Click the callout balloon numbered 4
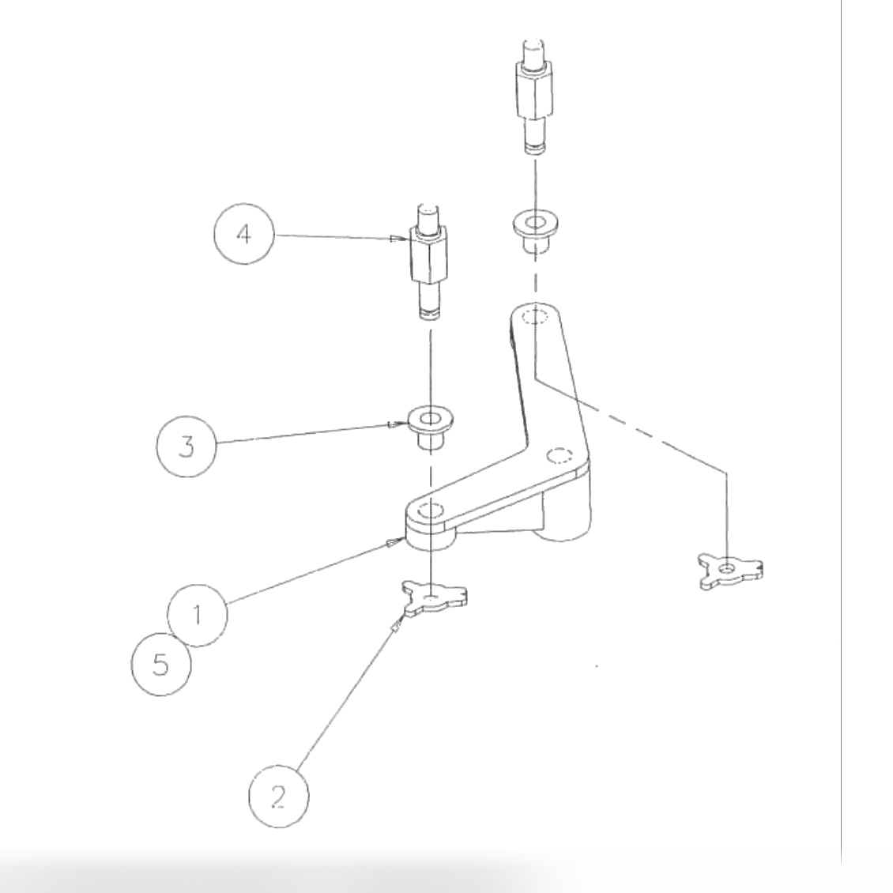tap(244, 235)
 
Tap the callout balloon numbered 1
tap(197, 615)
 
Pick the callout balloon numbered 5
tap(160, 665)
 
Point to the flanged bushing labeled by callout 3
tap(429, 427)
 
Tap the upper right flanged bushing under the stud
tap(536, 230)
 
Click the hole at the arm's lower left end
tap(430, 511)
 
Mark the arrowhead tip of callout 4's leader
tap(393, 239)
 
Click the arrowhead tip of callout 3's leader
tap(390, 427)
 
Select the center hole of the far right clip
tap(727, 567)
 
